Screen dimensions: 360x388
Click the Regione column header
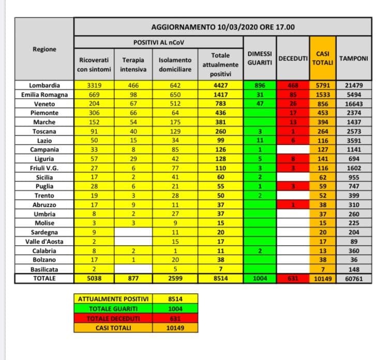44,49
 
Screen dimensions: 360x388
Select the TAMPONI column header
353,58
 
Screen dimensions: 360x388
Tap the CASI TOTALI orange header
323,58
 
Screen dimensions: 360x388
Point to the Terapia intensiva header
133,64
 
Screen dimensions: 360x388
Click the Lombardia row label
45,85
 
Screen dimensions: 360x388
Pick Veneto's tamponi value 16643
353,103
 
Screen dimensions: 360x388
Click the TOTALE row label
45,279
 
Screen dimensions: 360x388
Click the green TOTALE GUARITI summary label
113,309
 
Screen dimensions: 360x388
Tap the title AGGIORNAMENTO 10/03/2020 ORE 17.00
223,26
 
